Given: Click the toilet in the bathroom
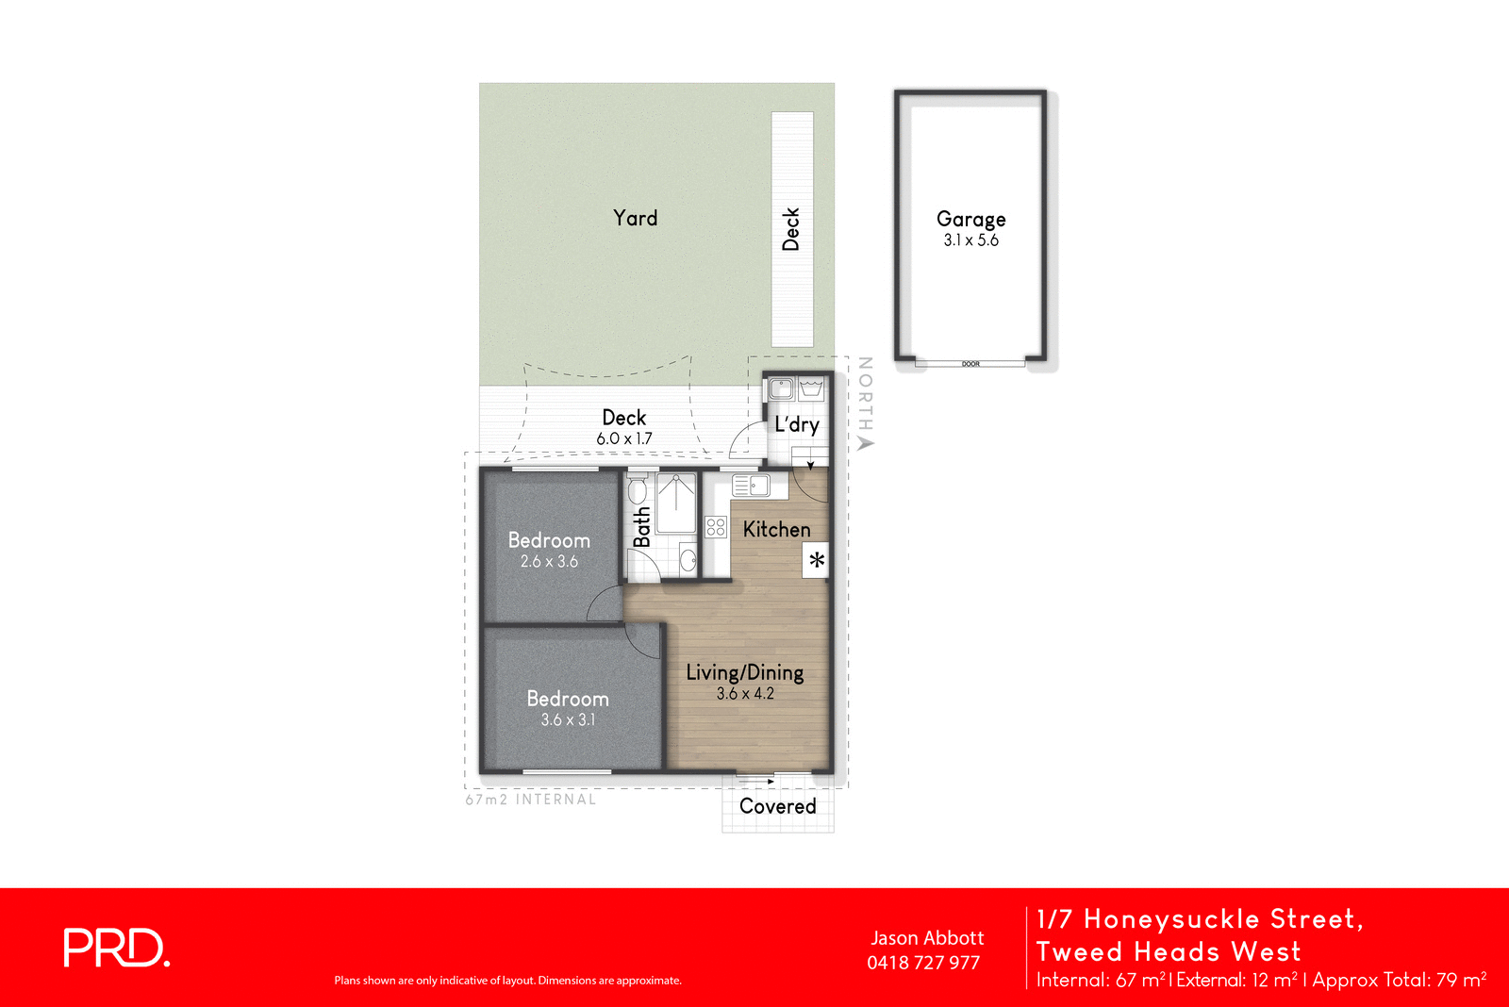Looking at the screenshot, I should pos(638,490).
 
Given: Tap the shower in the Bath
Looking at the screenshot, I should pos(676,505).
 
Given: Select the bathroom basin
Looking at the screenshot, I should pos(688,560).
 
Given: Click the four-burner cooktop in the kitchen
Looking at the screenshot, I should pos(716,527).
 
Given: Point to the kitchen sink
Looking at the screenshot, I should pos(752,486).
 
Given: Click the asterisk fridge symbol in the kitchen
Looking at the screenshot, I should pos(817,560).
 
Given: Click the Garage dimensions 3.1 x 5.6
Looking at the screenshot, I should pos(970,240).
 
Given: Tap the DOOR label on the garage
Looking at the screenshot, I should pos(970,364).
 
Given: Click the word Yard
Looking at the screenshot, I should pos(635,218).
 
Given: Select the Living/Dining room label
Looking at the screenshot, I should pos(744,672).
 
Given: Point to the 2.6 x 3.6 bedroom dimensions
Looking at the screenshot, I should pos(549,562).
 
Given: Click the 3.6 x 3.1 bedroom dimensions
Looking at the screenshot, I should pos(568,720).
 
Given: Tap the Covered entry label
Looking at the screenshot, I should pos(777,806).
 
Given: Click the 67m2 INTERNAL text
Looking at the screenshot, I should pos(530,800).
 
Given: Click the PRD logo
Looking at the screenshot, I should pos(116,948).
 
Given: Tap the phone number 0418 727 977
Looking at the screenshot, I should pos(923,963).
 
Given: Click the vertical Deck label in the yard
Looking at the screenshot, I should pos(791,229).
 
